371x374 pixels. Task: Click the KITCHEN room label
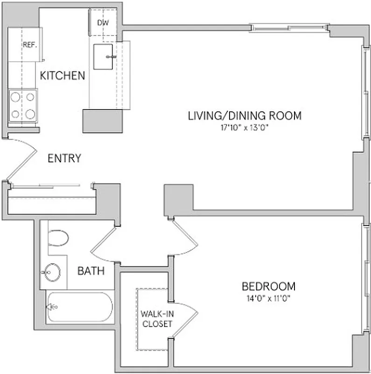(x=62, y=75)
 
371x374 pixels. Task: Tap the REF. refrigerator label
(x=29, y=45)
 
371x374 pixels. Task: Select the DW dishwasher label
(x=103, y=22)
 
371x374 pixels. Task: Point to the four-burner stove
(x=23, y=105)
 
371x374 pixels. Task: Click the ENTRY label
(x=64, y=158)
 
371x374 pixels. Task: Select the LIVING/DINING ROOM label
(x=245, y=115)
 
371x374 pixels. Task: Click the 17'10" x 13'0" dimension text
(x=245, y=127)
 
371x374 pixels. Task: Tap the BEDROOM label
(x=268, y=286)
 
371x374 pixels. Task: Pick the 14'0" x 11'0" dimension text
(x=268, y=298)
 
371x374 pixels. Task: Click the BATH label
(x=91, y=271)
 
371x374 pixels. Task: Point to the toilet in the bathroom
(x=58, y=237)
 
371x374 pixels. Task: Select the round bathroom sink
(x=50, y=271)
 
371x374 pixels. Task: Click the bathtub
(x=79, y=307)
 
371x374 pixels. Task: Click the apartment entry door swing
(x=21, y=159)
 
